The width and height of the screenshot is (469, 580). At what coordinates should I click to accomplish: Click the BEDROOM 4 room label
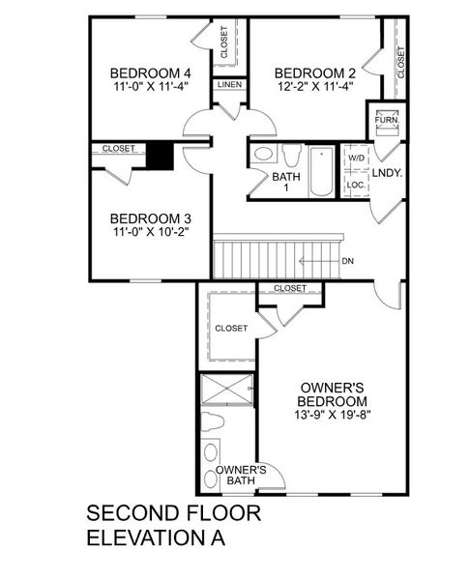tap(149, 72)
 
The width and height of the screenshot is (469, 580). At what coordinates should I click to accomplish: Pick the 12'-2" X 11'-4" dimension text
tap(315, 85)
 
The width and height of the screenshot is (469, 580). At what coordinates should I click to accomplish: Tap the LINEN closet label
tap(229, 85)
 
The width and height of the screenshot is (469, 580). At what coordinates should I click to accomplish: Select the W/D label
tap(356, 157)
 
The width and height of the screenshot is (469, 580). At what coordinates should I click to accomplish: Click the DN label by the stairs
tap(348, 261)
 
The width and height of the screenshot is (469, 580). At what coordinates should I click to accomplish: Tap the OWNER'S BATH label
tap(235, 475)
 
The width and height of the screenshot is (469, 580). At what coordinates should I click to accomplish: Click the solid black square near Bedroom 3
tap(161, 156)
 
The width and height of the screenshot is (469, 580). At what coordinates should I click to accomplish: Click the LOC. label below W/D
tap(356, 184)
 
